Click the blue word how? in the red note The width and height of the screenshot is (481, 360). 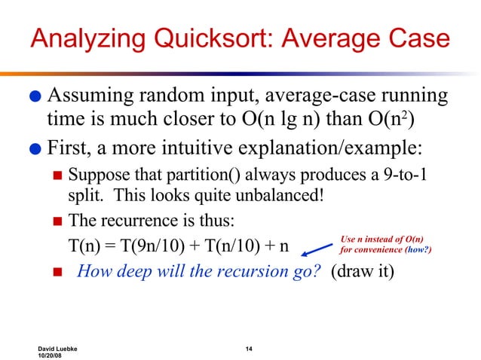click(x=418, y=249)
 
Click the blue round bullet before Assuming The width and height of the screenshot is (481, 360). click(x=35, y=99)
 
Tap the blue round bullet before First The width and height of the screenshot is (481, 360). click(x=35, y=147)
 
